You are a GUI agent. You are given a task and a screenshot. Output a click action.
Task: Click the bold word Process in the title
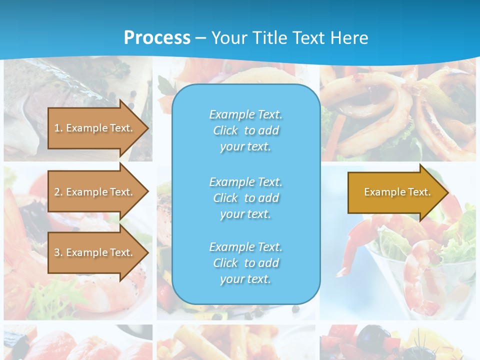pyautogui.click(x=157, y=38)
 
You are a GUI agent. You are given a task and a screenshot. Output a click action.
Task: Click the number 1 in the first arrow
pyautogui.click(x=57, y=128)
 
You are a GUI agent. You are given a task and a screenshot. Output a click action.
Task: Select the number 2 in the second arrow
pyautogui.click(x=57, y=192)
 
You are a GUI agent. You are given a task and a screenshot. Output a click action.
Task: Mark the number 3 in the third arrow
pyautogui.click(x=57, y=252)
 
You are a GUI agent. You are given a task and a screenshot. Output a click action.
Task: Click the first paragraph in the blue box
pyautogui.click(x=245, y=130)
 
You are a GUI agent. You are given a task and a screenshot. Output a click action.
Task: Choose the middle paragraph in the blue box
pyautogui.click(x=245, y=198)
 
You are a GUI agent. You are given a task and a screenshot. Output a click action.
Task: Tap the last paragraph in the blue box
pyautogui.click(x=245, y=263)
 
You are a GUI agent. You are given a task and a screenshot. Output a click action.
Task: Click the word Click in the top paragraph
pyautogui.click(x=225, y=130)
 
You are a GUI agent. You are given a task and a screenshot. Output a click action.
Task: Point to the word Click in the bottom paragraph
pyautogui.click(x=225, y=263)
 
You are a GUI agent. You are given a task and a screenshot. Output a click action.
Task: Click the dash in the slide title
pyautogui.click(x=201, y=38)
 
